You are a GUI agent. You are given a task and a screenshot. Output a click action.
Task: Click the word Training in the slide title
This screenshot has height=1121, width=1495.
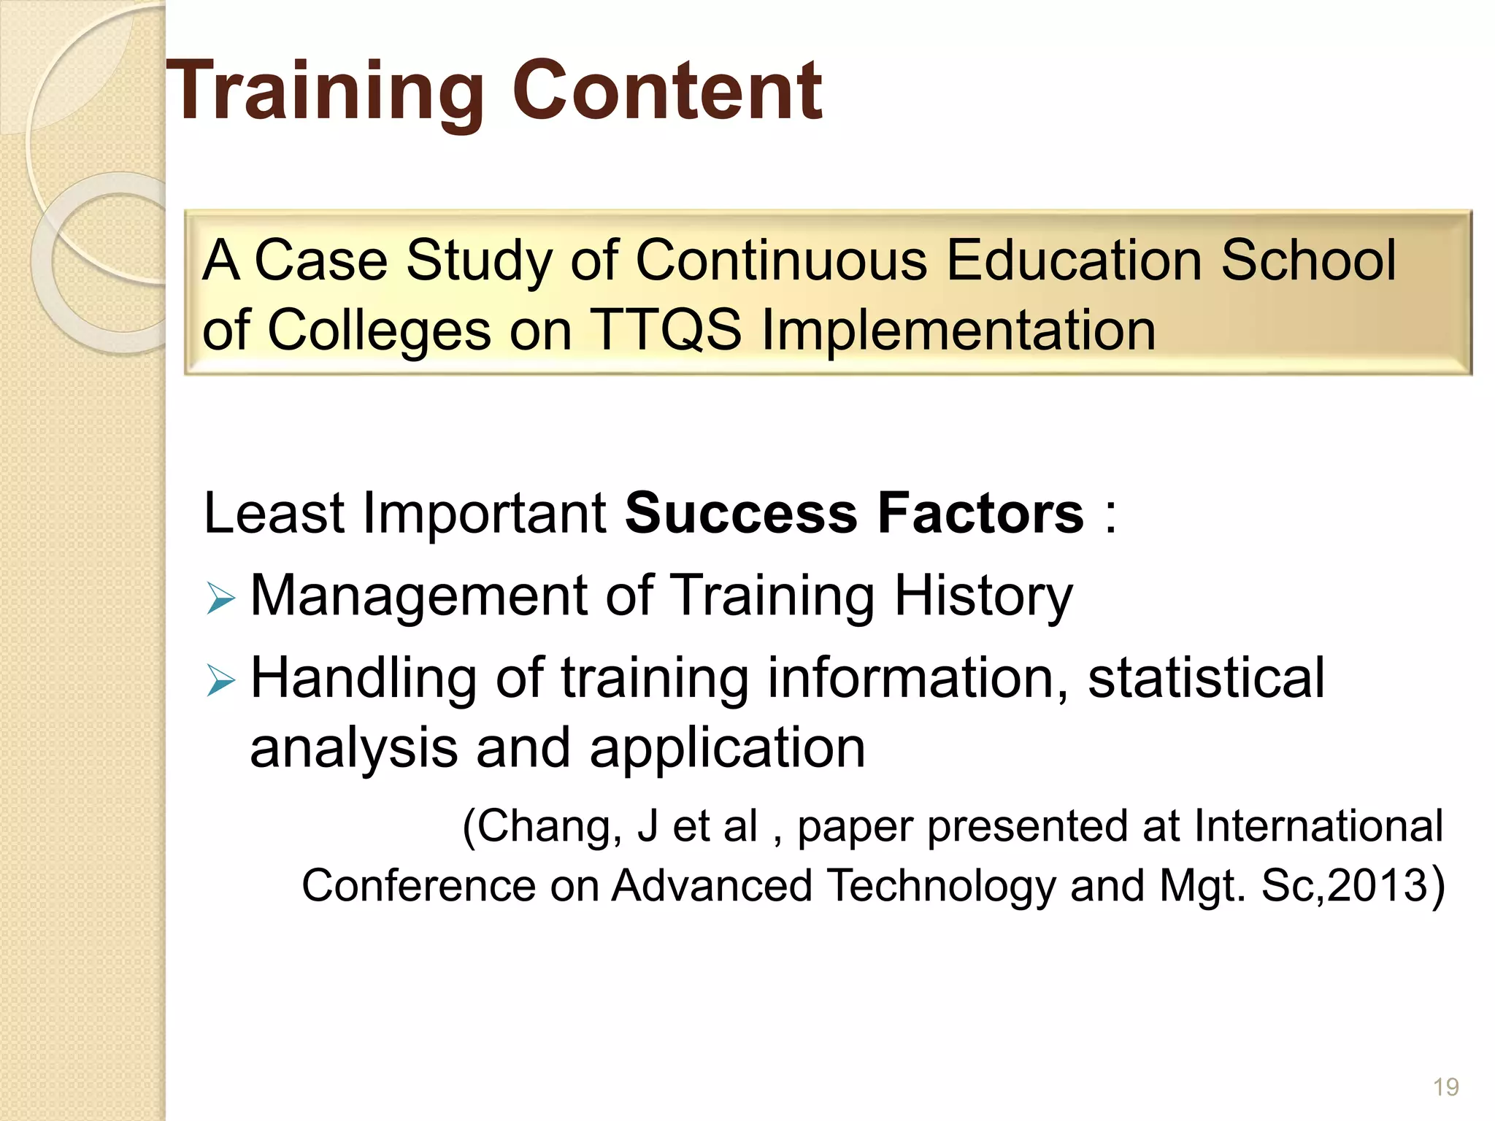pyautogui.click(x=325, y=91)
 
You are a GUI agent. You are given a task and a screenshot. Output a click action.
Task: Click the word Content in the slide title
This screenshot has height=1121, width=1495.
pyautogui.click(x=667, y=91)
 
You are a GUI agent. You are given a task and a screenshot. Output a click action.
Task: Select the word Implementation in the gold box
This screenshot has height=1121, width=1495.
pyautogui.click(x=958, y=329)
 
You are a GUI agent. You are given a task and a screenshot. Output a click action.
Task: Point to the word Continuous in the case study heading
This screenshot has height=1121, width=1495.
pyautogui.click(x=781, y=260)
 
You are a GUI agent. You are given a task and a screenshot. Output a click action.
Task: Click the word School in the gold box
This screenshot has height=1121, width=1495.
pyautogui.click(x=1308, y=260)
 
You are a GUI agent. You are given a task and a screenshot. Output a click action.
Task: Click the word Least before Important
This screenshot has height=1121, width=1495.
pyautogui.click(x=273, y=513)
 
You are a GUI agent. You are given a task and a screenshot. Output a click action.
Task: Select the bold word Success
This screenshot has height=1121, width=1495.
pyautogui.click(x=741, y=513)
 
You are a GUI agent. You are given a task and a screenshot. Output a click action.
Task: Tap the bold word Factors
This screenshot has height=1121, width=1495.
pyautogui.click(x=980, y=513)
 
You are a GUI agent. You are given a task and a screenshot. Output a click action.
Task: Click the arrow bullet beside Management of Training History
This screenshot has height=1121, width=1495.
pyautogui.click(x=220, y=598)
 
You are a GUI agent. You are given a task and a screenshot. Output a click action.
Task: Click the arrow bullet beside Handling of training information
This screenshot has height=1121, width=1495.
pyautogui.click(x=220, y=681)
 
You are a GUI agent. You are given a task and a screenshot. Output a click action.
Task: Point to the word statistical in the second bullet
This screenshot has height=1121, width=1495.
pyautogui.click(x=1206, y=678)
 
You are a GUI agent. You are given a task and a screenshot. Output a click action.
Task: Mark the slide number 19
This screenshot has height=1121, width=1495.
pyautogui.click(x=1445, y=1087)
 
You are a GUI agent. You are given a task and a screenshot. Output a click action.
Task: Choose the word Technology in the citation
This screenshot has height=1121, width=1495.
pyautogui.click(x=942, y=885)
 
